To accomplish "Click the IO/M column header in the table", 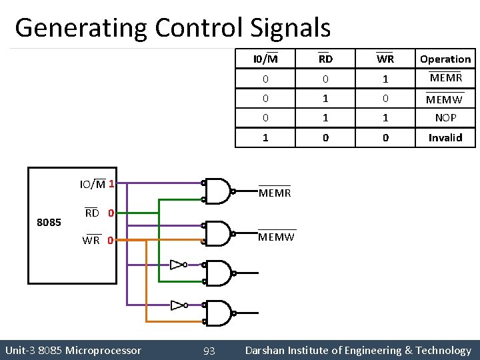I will (265, 59).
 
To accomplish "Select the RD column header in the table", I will (325, 59).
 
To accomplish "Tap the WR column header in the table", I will (385, 59).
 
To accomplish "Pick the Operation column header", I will (445, 59).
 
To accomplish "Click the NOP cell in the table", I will (445, 117).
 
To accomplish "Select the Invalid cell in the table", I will (445, 137).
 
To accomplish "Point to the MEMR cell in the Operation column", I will (445, 78).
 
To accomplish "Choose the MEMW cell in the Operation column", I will (445, 99).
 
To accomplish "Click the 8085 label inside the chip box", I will (49, 221).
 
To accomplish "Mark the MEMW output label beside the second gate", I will (276, 237).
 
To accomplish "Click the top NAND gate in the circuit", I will (218, 191).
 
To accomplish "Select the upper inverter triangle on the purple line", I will (177, 265).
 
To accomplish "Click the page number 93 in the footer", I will (209, 350).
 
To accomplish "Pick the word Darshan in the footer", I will (267, 350).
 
